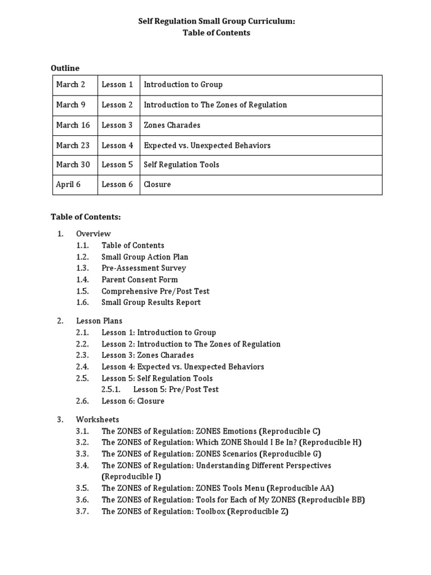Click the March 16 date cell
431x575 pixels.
click(x=73, y=125)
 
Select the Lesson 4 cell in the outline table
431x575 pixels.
click(x=117, y=145)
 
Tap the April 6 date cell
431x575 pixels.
click(x=68, y=184)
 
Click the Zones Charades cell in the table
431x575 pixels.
click(x=172, y=125)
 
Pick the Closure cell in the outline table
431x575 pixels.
click(x=157, y=184)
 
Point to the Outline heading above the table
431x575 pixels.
click(x=65, y=68)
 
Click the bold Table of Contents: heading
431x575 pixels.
click(x=86, y=217)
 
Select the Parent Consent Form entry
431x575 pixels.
click(x=140, y=280)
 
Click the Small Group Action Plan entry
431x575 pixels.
click(x=145, y=257)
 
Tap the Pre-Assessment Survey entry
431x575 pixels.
click(x=144, y=268)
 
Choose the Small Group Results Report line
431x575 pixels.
click(x=151, y=302)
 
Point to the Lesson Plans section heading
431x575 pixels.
click(x=99, y=321)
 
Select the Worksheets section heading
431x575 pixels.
click(x=98, y=419)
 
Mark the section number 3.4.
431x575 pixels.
click(x=82, y=466)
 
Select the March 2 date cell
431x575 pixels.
click(x=71, y=85)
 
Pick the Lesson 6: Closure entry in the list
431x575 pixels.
click(x=133, y=401)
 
